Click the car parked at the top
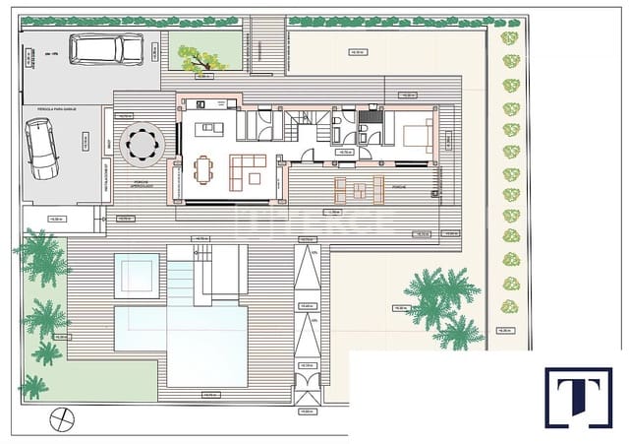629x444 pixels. (x=106, y=49)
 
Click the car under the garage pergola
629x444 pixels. (x=41, y=149)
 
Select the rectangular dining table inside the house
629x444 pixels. (x=203, y=170)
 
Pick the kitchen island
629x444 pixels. (x=209, y=129)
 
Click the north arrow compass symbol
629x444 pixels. (x=62, y=419)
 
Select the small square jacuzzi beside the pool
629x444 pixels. (x=137, y=276)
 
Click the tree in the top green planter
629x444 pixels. (x=202, y=58)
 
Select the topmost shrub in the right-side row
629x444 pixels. (x=509, y=38)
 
